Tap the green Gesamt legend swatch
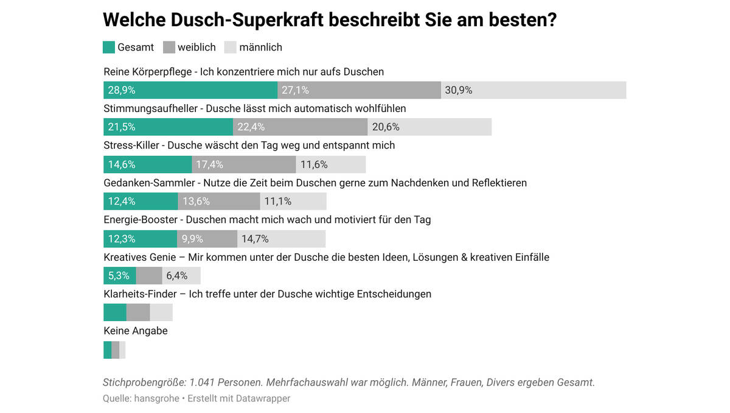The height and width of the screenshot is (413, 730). tap(109, 48)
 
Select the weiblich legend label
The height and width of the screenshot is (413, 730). tap(196, 48)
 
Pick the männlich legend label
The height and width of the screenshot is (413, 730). tap(262, 48)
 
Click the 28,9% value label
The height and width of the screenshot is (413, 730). tap(122, 90)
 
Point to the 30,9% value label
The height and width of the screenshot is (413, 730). tap(459, 90)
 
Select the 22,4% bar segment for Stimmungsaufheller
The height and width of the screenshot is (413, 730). tap(300, 127)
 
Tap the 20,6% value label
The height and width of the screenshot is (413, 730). tap(386, 127)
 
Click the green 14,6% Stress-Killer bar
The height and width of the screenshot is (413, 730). tap(148, 164)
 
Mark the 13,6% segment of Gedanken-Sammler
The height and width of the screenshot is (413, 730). tap(218, 202)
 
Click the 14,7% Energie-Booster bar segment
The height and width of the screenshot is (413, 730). tap(281, 239)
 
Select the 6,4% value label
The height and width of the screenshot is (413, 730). tap(177, 276)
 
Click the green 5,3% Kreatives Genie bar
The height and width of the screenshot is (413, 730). tap(119, 276)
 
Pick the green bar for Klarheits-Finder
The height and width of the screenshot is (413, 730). tap(115, 312)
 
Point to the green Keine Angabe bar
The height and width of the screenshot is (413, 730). tap(107, 350)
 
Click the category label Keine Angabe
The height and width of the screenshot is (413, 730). tap(136, 331)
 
